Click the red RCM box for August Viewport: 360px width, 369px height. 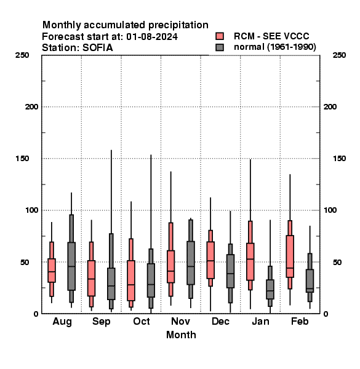tap(52, 270)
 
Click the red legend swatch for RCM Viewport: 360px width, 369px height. tap(220, 36)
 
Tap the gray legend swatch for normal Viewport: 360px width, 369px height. tap(220, 47)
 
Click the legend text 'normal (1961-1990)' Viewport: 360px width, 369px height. tap(274, 47)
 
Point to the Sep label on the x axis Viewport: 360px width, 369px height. tap(102, 322)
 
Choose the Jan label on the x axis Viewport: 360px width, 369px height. tap(260, 321)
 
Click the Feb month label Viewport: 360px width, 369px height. tap(300, 321)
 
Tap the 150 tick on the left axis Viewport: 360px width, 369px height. tap(22, 159)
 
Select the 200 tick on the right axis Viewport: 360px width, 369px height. tap(330, 106)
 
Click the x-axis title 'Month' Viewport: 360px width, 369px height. tap(181, 335)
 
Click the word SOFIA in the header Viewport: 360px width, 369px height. tap(97, 48)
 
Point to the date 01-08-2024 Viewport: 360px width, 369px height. tap(152, 37)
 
